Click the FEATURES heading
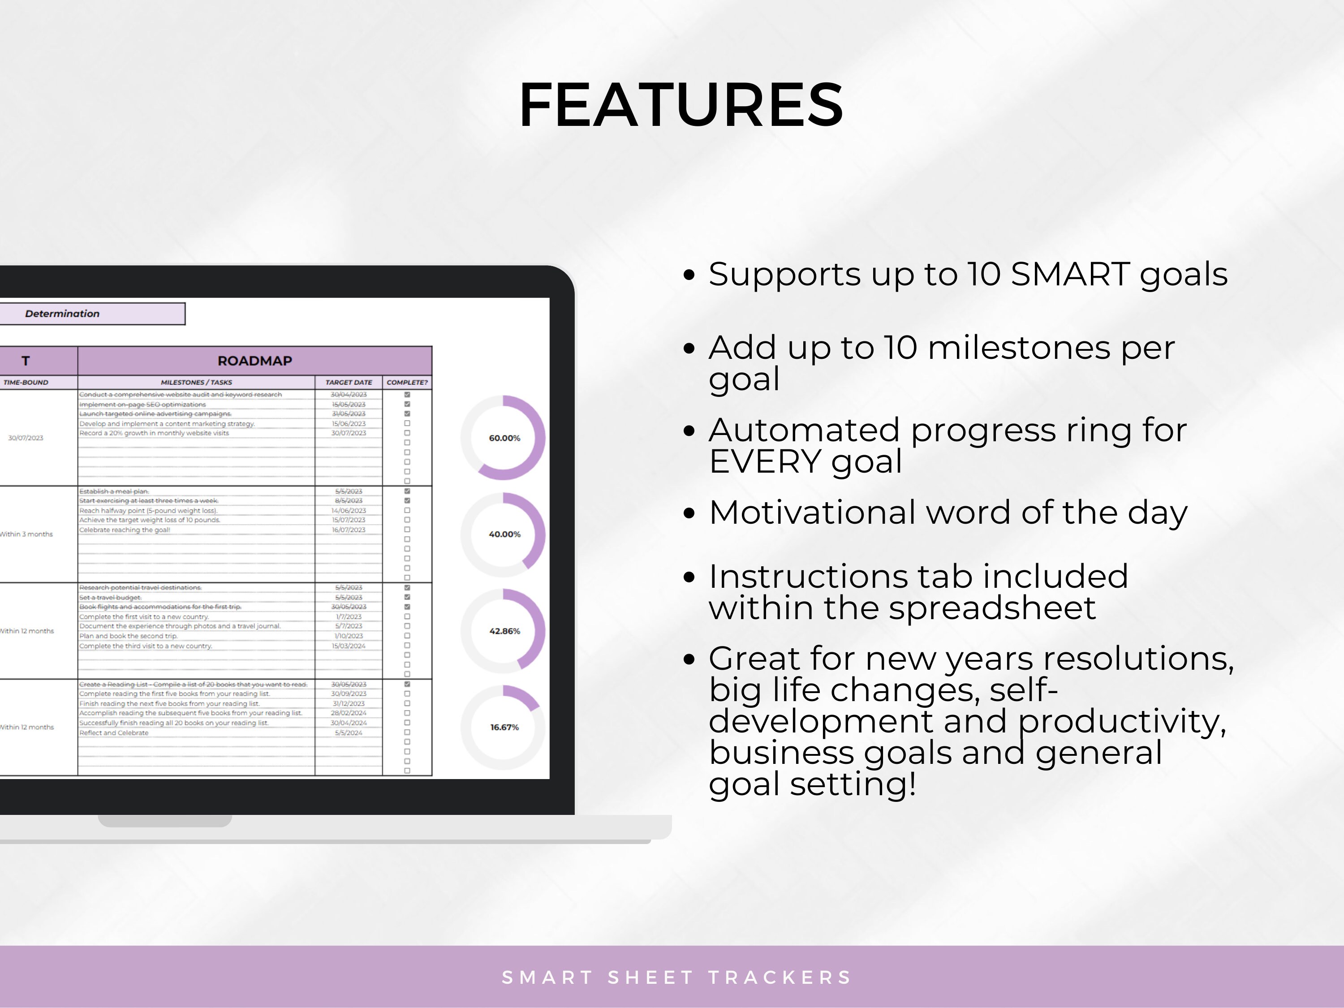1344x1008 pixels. point(681,105)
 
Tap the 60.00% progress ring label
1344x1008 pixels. point(504,438)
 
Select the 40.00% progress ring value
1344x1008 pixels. point(504,534)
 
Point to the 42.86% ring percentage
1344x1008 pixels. point(504,631)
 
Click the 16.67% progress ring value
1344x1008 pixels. point(504,727)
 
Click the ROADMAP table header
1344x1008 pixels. point(254,361)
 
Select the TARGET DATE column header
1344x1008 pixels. point(348,382)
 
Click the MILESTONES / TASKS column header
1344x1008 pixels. point(196,382)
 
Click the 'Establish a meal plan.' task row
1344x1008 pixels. point(114,491)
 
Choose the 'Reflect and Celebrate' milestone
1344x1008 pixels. point(114,733)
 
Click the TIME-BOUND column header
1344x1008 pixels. point(26,382)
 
